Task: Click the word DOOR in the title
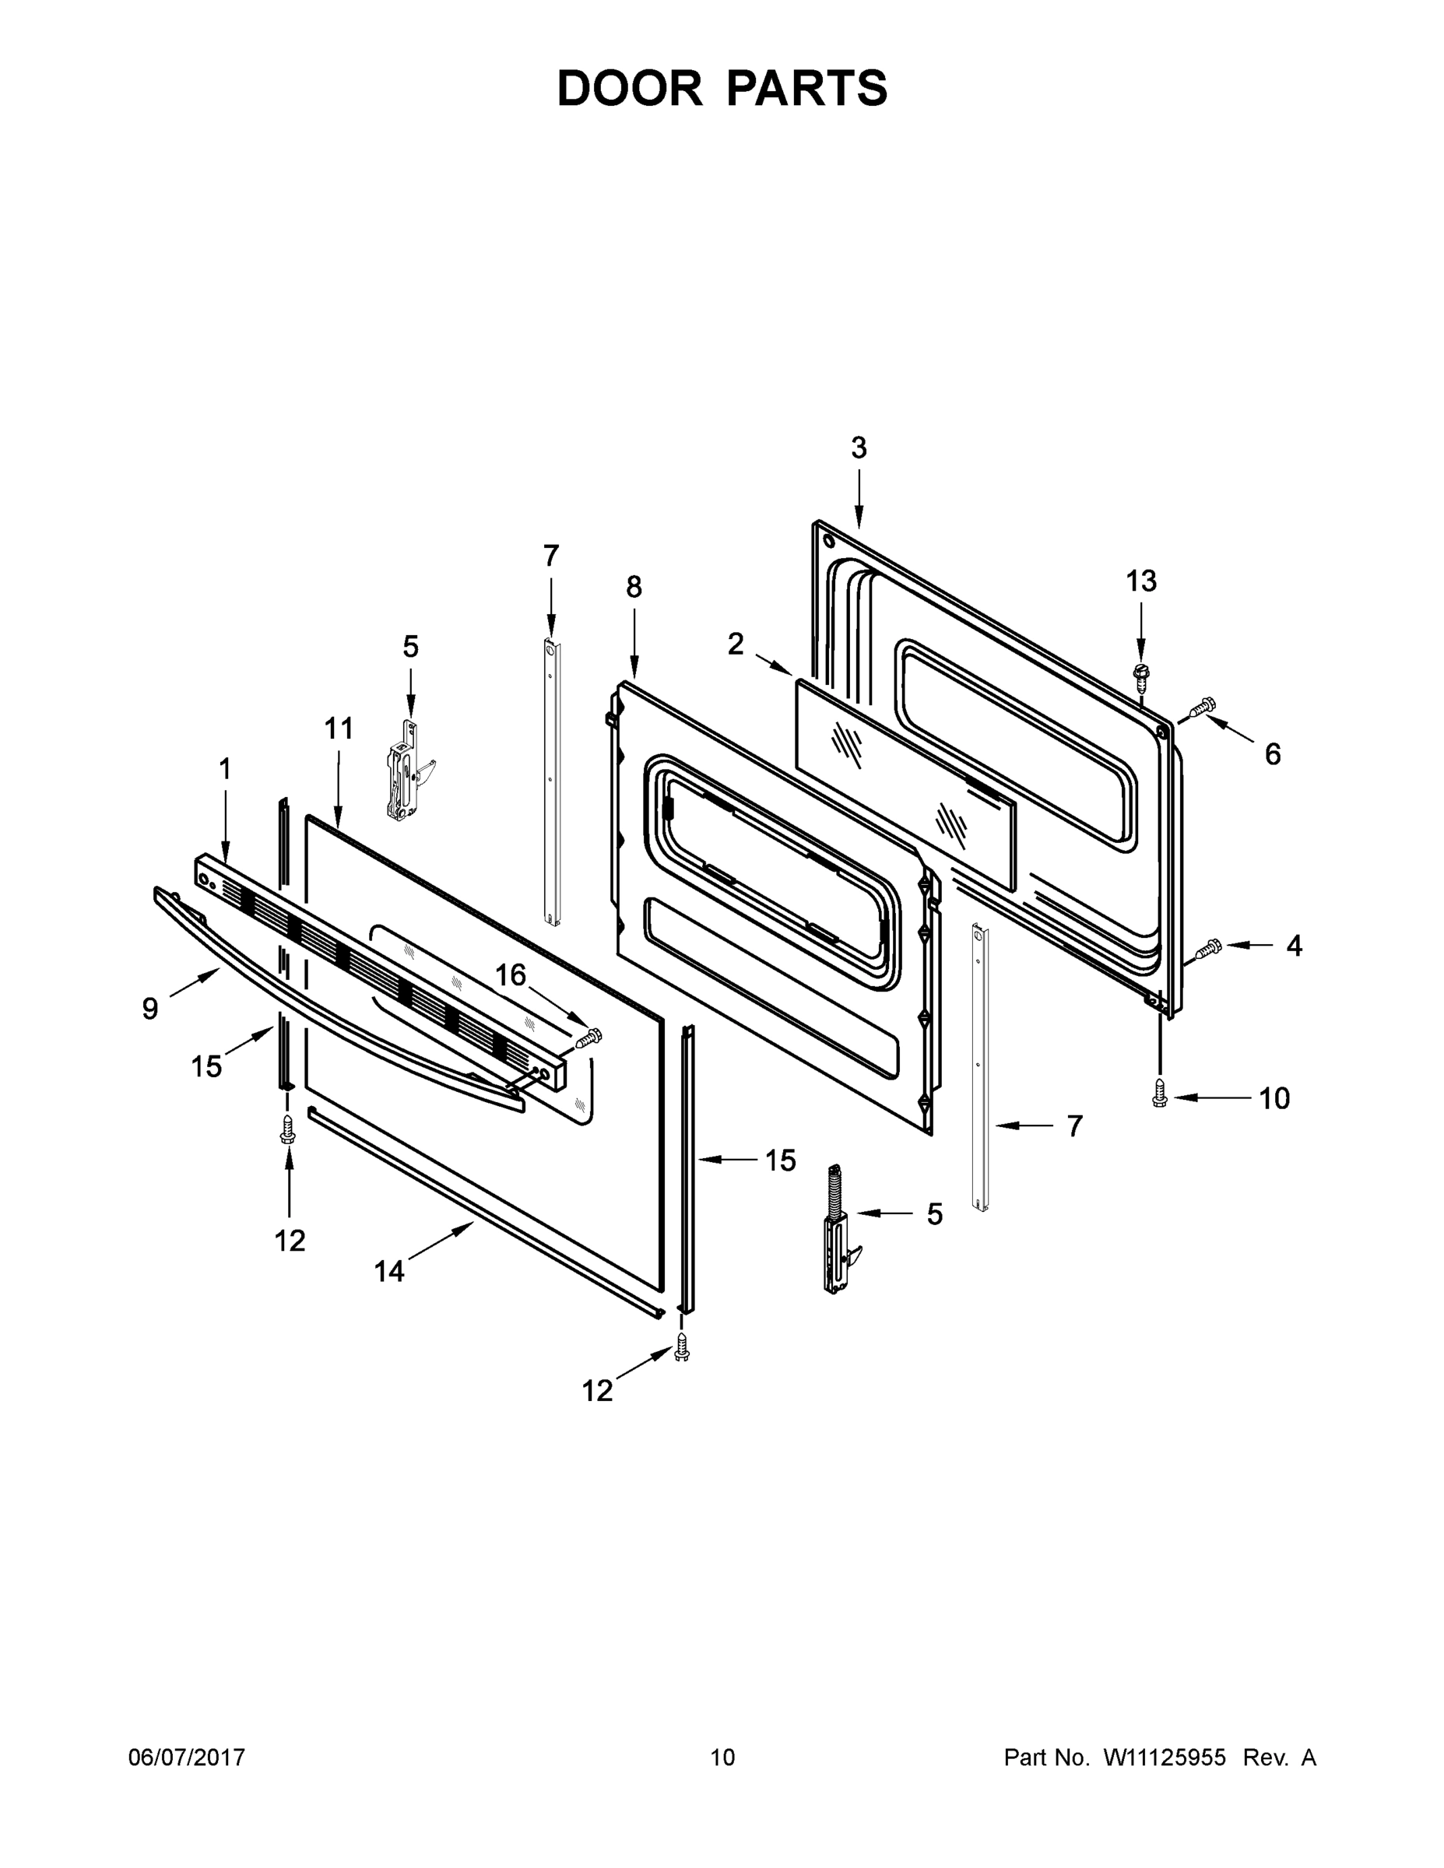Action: click(630, 89)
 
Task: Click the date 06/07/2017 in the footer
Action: click(187, 1757)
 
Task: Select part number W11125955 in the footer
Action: click(1165, 1757)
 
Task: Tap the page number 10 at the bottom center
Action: click(722, 1757)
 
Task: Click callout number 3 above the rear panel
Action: click(858, 448)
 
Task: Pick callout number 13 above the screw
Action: click(1141, 581)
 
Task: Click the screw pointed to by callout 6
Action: click(1201, 707)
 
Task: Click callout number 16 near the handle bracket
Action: click(511, 975)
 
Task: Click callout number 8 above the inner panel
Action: click(633, 587)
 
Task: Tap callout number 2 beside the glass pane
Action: click(735, 644)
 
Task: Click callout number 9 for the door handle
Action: click(150, 1009)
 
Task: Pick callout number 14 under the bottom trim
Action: click(388, 1272)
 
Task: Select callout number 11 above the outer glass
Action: click(338, 729)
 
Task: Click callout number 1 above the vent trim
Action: click(224, 770)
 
